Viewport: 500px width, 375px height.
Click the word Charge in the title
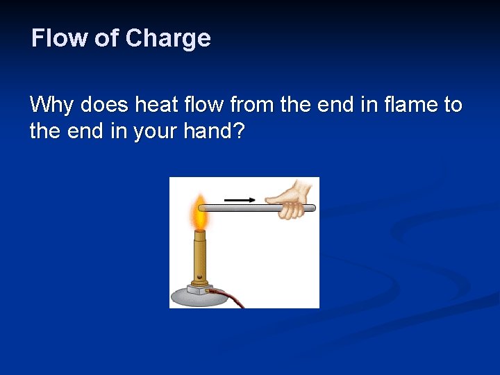coord(168,37)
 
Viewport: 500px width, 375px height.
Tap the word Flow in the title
coord(60,37)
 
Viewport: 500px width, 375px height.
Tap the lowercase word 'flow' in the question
coord(206,106)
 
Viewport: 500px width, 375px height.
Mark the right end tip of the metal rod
coord(313,207)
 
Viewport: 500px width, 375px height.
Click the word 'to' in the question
coord(453,106)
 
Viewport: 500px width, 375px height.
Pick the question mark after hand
coord(239,131)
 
